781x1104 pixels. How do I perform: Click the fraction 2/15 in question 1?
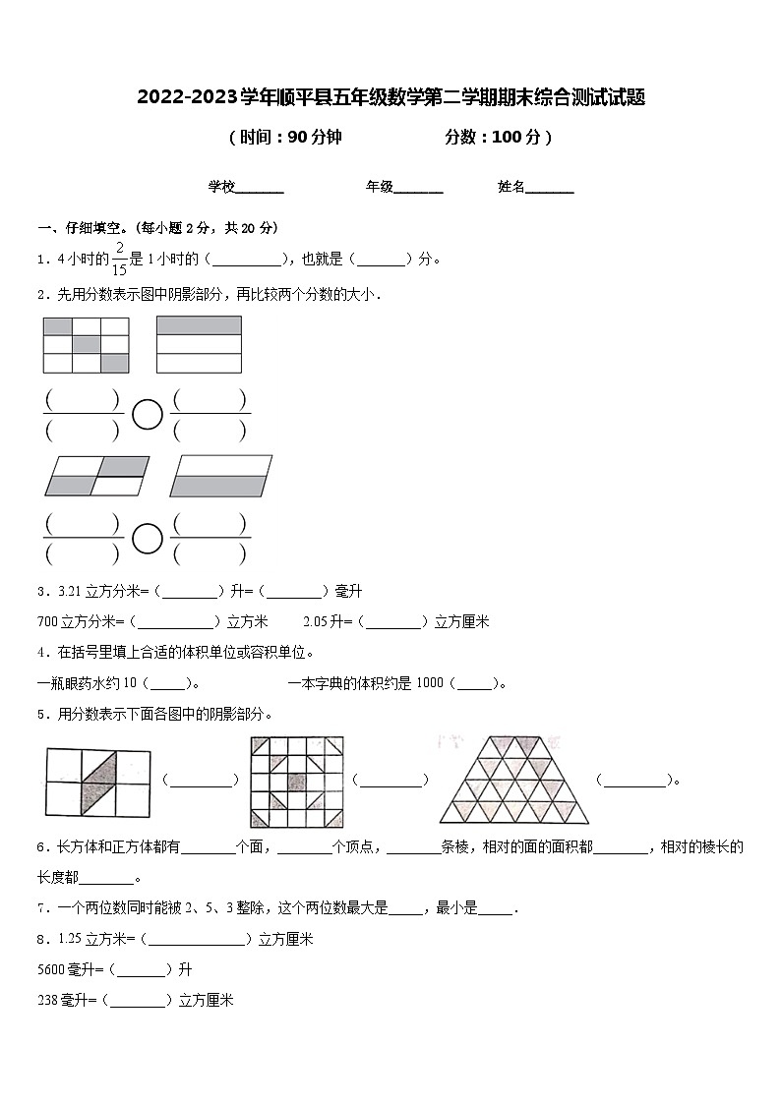[x=119, y=259]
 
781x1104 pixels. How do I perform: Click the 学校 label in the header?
[x=221, y=187]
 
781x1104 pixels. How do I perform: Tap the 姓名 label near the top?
[x=511, y=187]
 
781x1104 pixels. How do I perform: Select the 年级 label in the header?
[x=380, y=187]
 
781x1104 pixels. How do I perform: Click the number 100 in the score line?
[x=506, y=138]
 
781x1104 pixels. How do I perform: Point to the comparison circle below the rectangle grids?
[x=147, y=415]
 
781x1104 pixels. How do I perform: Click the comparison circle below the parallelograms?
[x=147, y=538]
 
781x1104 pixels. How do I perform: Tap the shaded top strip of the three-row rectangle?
[x=199, y=325]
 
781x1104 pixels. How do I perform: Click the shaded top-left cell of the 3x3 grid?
[x=58, y=325]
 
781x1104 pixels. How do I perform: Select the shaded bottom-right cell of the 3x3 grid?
[x=115, y=364]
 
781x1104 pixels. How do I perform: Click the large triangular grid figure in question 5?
[x=515, y=779]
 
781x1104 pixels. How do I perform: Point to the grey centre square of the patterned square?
[x=296, y=779]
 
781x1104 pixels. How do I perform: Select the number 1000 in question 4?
[x=430, y=683]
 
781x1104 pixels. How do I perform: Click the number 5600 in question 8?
[x=50, y=969]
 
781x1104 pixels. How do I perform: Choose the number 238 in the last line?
[x=47, y=1000]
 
